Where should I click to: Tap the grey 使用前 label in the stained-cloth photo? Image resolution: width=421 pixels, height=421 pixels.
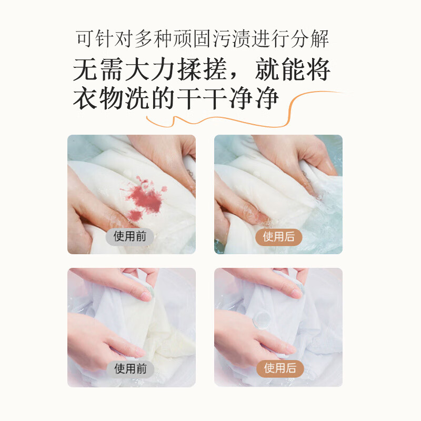(x=130, y=236)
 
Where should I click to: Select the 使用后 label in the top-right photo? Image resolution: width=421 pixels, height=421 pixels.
(x=278, y=236)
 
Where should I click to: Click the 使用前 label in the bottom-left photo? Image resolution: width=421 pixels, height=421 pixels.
(x=130, y=368)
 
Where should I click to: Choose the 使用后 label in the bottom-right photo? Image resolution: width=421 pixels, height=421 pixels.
(x=278, y=368)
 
